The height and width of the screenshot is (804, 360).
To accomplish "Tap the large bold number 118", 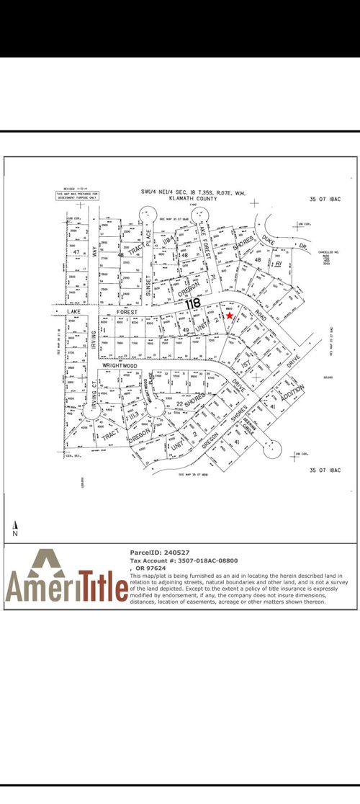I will coord(192,304).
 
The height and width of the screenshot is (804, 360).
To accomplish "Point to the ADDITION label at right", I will coord(294,393).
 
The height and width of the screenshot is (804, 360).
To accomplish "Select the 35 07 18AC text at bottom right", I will coord(323,470).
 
